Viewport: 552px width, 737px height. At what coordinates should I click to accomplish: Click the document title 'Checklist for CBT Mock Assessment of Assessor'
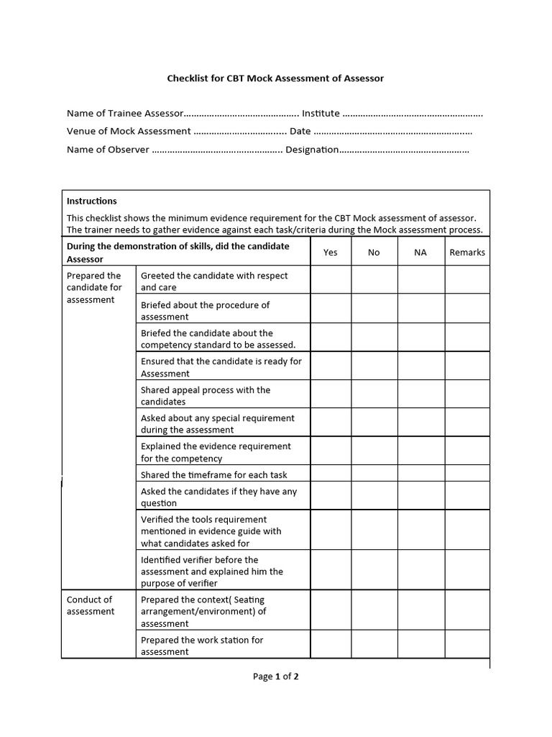click(275, 78)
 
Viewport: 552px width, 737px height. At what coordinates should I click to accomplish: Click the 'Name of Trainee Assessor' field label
click(126, 113)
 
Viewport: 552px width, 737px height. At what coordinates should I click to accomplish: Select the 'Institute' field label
click(321, 113)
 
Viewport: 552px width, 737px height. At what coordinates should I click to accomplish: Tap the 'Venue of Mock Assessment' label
click(129, 131)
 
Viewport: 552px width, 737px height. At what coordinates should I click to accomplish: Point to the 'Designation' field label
click(312, 149)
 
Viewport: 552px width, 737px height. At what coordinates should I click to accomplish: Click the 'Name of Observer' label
click(108, 149)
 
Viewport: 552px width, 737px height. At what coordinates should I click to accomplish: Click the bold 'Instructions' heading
click(91, 201)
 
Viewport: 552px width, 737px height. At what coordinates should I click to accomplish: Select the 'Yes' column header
click(331, 252)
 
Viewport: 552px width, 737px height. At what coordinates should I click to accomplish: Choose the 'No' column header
click(374, 252)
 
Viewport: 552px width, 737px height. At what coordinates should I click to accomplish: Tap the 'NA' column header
click(420, 252)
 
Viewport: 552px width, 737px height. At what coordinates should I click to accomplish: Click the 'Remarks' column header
click(467, 252)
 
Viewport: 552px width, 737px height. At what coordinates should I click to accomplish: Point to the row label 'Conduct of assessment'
click(90, 605)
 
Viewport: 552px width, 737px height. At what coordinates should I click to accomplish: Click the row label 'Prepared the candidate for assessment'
click(94, 287)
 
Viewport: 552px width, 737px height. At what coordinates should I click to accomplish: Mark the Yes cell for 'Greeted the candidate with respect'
click(331, 281)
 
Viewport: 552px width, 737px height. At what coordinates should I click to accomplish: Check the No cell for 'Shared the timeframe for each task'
click(374, 474)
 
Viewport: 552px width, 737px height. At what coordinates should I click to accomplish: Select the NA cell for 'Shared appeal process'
click(420, 395)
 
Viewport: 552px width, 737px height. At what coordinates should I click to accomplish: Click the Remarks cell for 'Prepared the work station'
click(467, 645)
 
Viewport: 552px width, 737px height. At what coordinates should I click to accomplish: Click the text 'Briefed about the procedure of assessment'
click(206, 310)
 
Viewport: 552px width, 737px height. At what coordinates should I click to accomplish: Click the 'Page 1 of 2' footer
click(275, 676)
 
